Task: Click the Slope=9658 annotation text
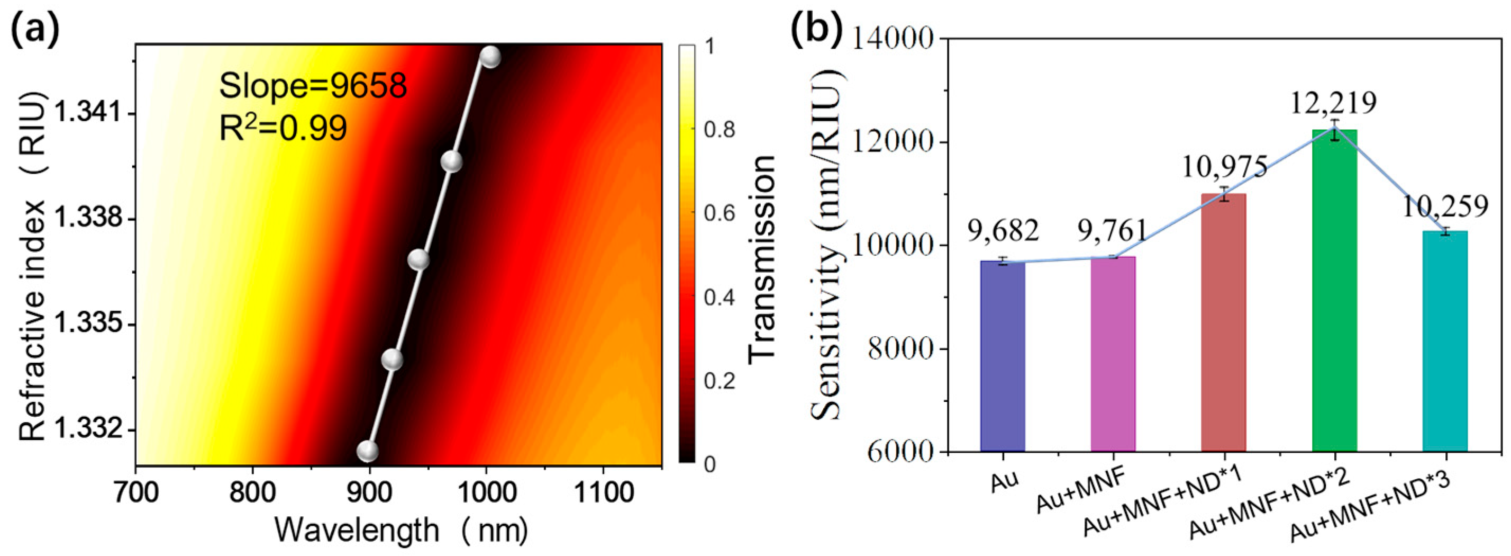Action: coord(313,87)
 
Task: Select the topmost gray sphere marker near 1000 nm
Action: coord(490,57)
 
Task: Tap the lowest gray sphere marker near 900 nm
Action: coord(368,451)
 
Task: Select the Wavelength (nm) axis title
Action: coord(402,531)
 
